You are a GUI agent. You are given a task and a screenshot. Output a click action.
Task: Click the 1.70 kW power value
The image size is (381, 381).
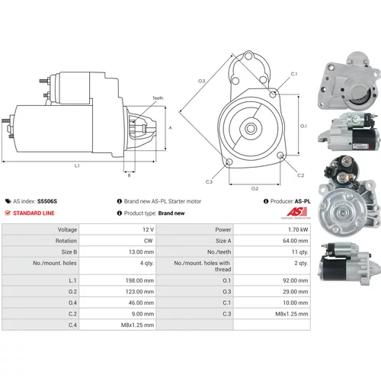coord(298,229)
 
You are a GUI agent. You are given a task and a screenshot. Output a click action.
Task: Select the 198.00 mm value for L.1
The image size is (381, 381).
coord(139,280)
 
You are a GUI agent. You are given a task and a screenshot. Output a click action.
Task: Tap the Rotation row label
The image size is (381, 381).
coord(66,241)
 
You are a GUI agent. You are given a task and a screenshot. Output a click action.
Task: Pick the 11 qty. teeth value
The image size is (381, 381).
coord(299,252)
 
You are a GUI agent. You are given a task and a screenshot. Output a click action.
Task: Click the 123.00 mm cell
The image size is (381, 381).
coord(139,292)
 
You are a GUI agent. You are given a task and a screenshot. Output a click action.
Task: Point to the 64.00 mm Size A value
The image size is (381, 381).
coord(296,241)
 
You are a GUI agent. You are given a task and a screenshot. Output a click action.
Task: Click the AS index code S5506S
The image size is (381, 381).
coord(47,201)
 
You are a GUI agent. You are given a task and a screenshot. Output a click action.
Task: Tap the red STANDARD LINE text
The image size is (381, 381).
coord(34,213)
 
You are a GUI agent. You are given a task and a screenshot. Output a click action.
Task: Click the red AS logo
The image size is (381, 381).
coord(296,212)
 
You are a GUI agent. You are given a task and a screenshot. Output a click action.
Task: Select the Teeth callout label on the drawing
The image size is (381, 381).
coord(158,98)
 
